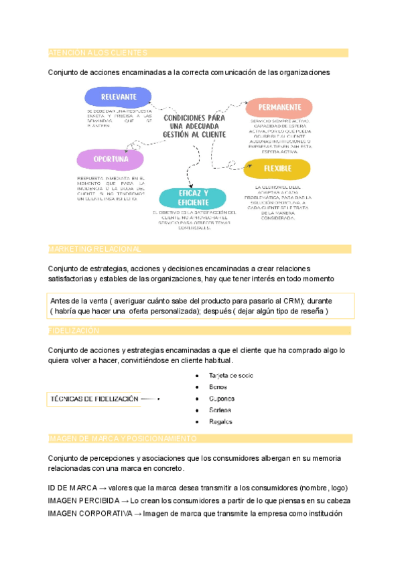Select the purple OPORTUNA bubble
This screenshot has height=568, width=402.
point(111,159)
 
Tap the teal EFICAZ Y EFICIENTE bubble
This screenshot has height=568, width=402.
point(193,198)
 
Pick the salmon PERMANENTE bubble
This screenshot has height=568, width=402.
point(279,107)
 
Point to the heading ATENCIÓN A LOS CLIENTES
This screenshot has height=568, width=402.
point(98,53)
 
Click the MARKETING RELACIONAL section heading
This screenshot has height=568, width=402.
point(95,249)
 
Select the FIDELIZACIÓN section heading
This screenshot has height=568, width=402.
point(74,331)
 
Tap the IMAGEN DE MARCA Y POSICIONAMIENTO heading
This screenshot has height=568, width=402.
point(123,439)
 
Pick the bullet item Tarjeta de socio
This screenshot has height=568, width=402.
point(231,376)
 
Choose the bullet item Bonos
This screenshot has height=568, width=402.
point(218,387)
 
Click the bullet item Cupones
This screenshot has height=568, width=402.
point(222,399)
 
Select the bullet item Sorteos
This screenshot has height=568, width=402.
point(220,410)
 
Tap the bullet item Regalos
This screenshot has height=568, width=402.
point(221,421)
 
